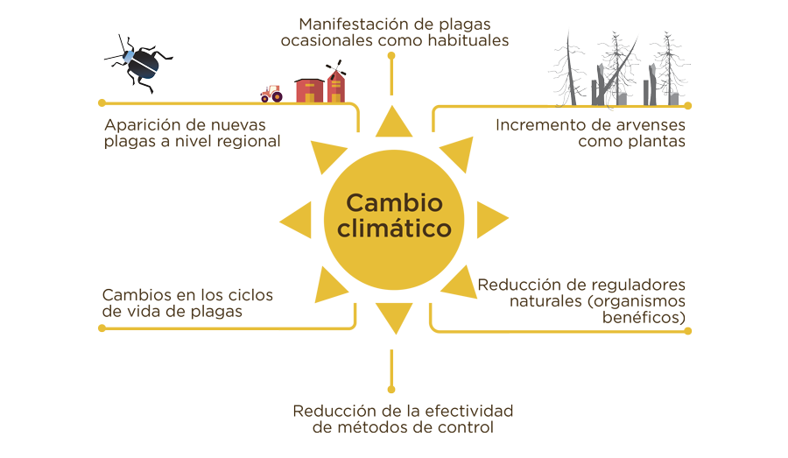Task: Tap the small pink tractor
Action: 271,94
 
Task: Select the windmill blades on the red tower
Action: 335,68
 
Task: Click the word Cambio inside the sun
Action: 395,203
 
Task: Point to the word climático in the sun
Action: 395,229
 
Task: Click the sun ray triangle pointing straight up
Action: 393,122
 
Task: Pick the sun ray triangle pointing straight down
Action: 394,318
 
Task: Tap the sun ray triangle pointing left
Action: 296,220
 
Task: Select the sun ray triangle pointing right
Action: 492,220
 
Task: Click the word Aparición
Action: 142,126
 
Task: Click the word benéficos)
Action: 644,317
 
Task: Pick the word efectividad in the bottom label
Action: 469,411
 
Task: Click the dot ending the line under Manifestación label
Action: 391,56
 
